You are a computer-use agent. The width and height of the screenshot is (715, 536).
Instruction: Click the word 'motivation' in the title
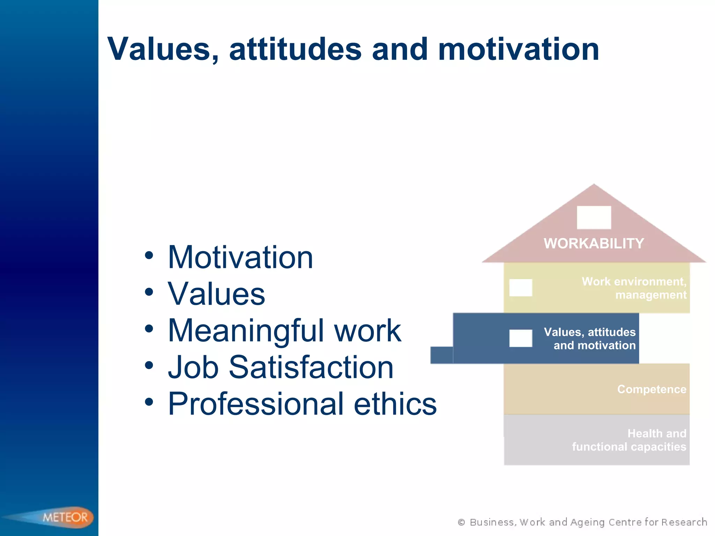point(518,50)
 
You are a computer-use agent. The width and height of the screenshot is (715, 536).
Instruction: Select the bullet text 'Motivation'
point(240,258)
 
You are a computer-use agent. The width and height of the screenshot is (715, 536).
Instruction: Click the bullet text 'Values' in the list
point(216,294)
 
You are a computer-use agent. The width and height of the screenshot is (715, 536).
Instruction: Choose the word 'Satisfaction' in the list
point(311,367)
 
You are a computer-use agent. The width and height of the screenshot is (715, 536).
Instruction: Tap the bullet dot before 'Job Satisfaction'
point(149,365)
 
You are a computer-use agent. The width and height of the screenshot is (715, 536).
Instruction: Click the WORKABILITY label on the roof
point(594,244)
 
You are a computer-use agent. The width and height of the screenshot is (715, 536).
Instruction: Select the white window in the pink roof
point(594,217)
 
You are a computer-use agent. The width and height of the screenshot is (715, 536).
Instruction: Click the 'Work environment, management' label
point(634,288)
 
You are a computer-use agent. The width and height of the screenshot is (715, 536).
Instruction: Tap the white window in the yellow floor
point(521,288)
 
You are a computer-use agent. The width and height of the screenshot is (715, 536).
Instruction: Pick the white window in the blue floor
point(521,338)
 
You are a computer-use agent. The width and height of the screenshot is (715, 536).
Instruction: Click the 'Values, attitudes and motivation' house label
point(590,338)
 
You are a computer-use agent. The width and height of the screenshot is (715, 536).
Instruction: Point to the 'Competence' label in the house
point(651,389)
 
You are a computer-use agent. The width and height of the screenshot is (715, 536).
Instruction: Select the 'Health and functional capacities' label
point(629,440)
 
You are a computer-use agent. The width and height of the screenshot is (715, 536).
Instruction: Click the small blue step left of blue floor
point(442,355)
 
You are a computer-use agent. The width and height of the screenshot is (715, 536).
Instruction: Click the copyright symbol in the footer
point(461,522)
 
